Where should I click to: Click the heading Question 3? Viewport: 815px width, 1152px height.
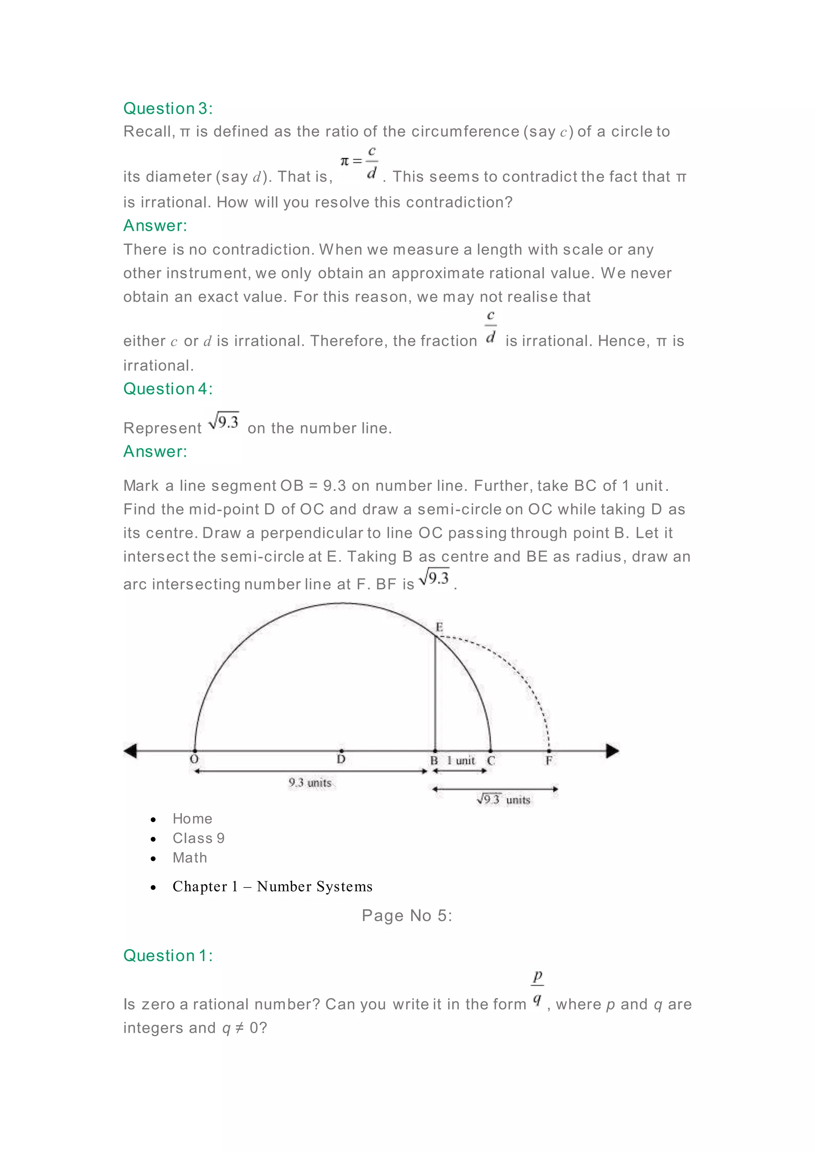pyautogui.click(x=168, y=108)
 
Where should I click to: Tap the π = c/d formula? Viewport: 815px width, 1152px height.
pyautogui.click(x=359, y=162)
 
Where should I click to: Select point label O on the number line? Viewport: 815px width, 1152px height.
pyautogui.click(x=194, y=759)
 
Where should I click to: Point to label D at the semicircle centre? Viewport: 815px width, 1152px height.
pyautogui.click(x=341, y=759)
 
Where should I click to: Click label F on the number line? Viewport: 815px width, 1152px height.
pyautogui.click(x=549, y=761)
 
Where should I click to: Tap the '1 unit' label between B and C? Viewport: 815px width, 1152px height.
pyautogui.click(x=461, y=761)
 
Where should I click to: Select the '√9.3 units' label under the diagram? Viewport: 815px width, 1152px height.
pyautogui.click(x=503, y=799)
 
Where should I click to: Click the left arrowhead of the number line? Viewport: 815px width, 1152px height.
pyautogui.click(x=131, y=751)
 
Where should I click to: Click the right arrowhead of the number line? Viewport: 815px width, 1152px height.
pyautogui.click(x=612, y=751)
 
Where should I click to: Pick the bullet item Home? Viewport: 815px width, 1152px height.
pyautogui.click(x=192, y=818)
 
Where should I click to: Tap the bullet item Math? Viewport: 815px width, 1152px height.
pyautogui.click(x=190, y=858)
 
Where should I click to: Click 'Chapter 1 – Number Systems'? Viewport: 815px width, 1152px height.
pyautogui.click(x=273, y=887)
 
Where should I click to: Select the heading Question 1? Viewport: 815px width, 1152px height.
pyautogui.click(x=168, y=955)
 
